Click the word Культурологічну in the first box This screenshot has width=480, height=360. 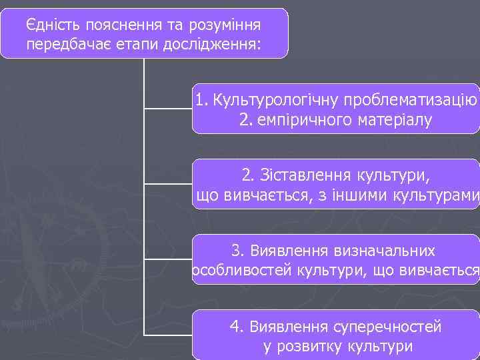click(275, 101)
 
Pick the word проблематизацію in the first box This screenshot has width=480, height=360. click(409, 101)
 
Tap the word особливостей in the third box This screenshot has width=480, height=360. click(233, 271)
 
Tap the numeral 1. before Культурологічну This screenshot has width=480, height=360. click(202, 101)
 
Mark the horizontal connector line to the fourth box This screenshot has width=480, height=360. click(168, 333)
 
